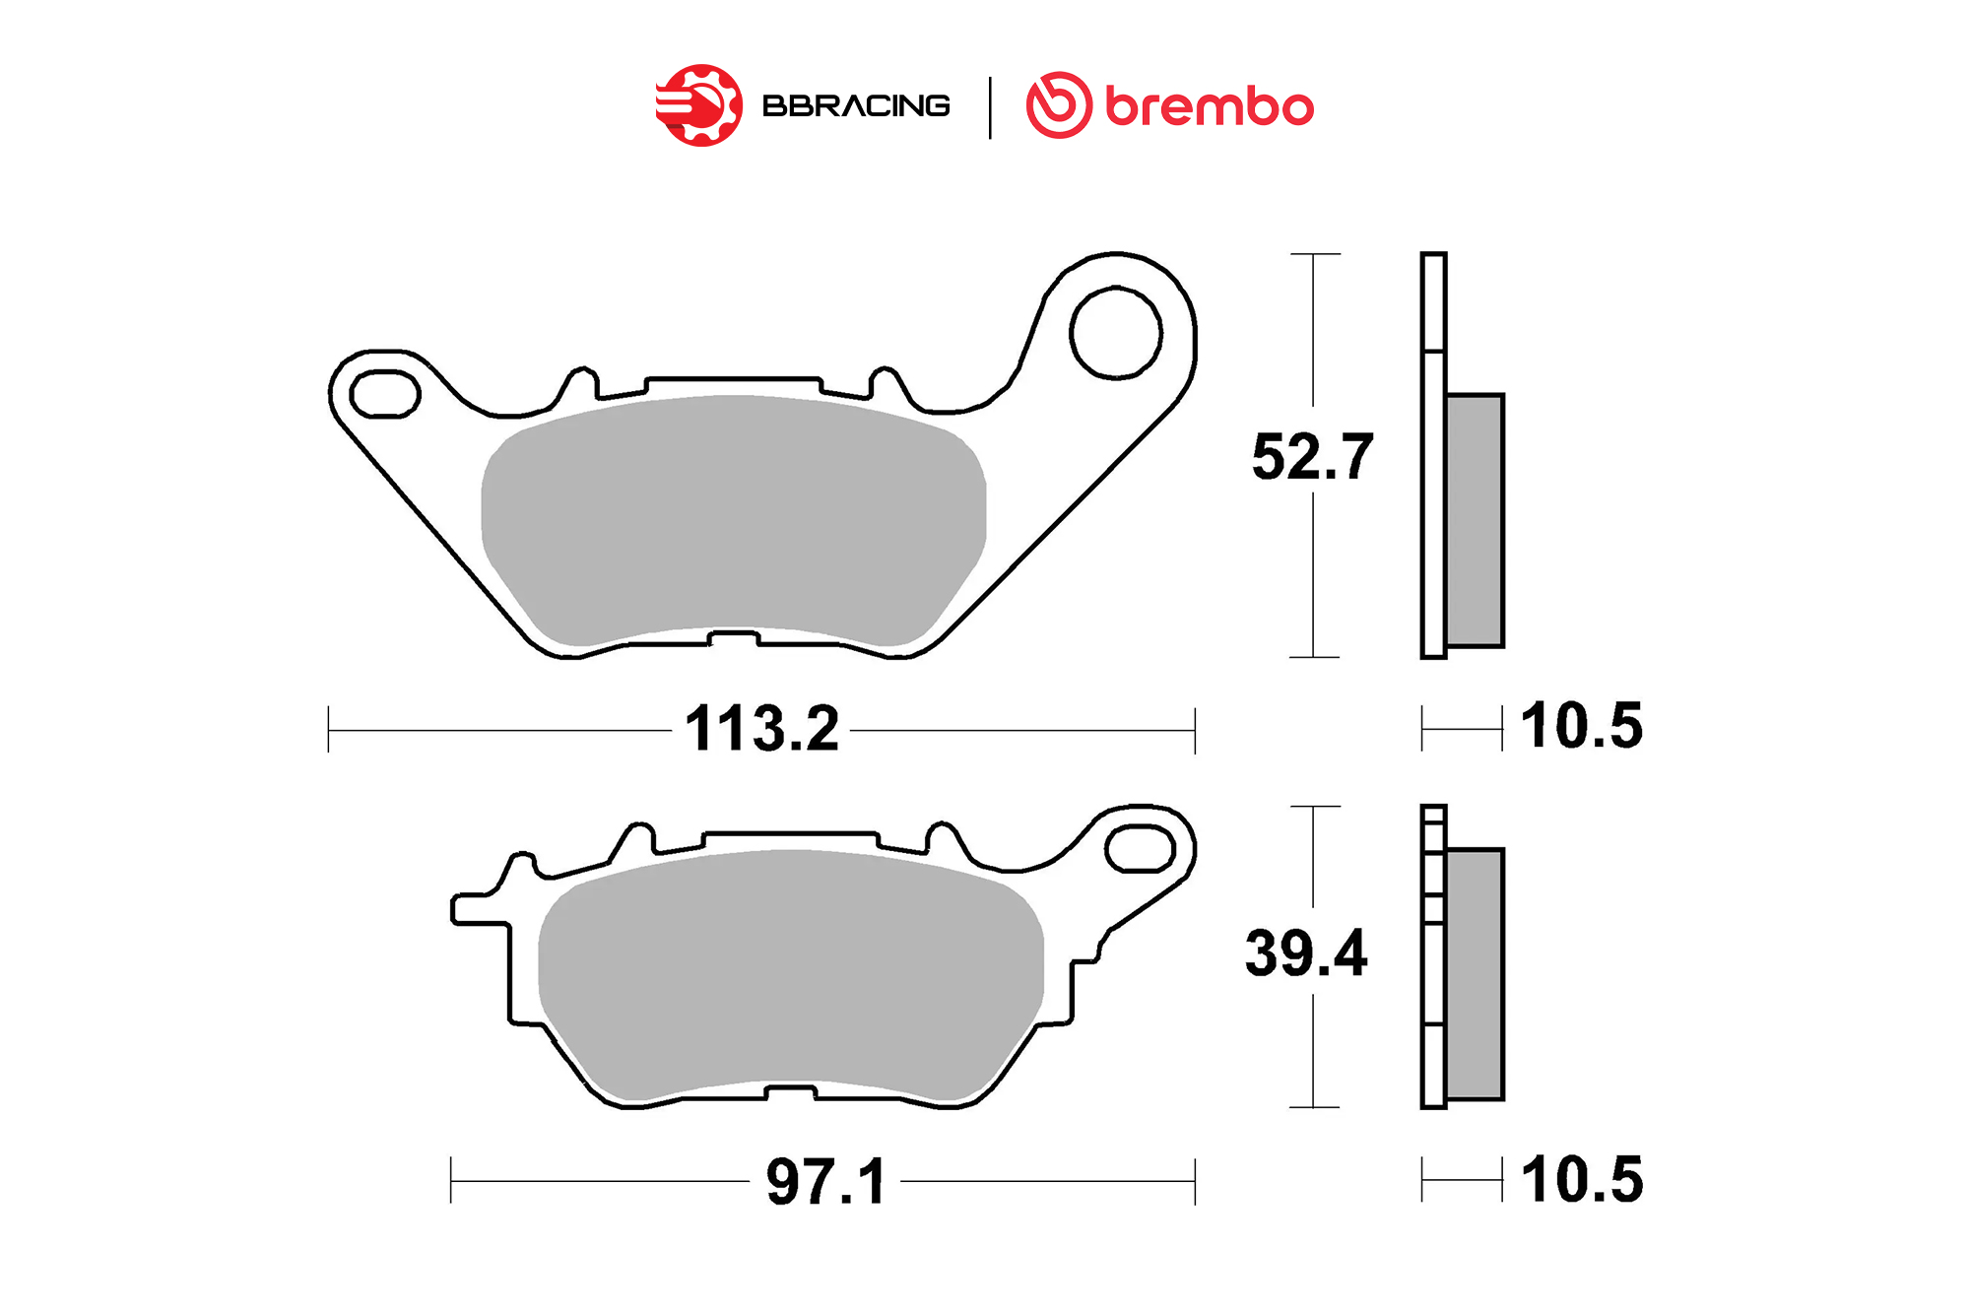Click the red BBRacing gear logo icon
(x=699, y=105)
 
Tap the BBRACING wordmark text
(x=856, y=105)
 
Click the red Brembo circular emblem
(x=1059, y=105)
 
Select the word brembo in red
(x=1210, y=105)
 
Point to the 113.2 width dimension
(x=762, y=729)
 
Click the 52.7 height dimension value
(x=1312, y=457)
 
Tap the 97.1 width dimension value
(x=826, y=1181)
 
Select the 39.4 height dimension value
(x=1306, y=952)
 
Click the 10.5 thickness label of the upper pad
(x=1582, y=726)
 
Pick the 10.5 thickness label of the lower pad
(x=1582, y=1179)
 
